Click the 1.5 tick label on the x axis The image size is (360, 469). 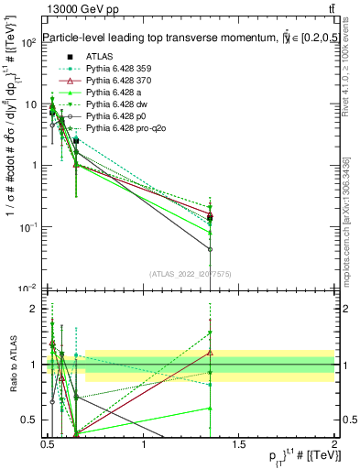239,445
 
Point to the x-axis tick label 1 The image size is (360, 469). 144,445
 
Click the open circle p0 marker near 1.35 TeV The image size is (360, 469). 211,249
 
